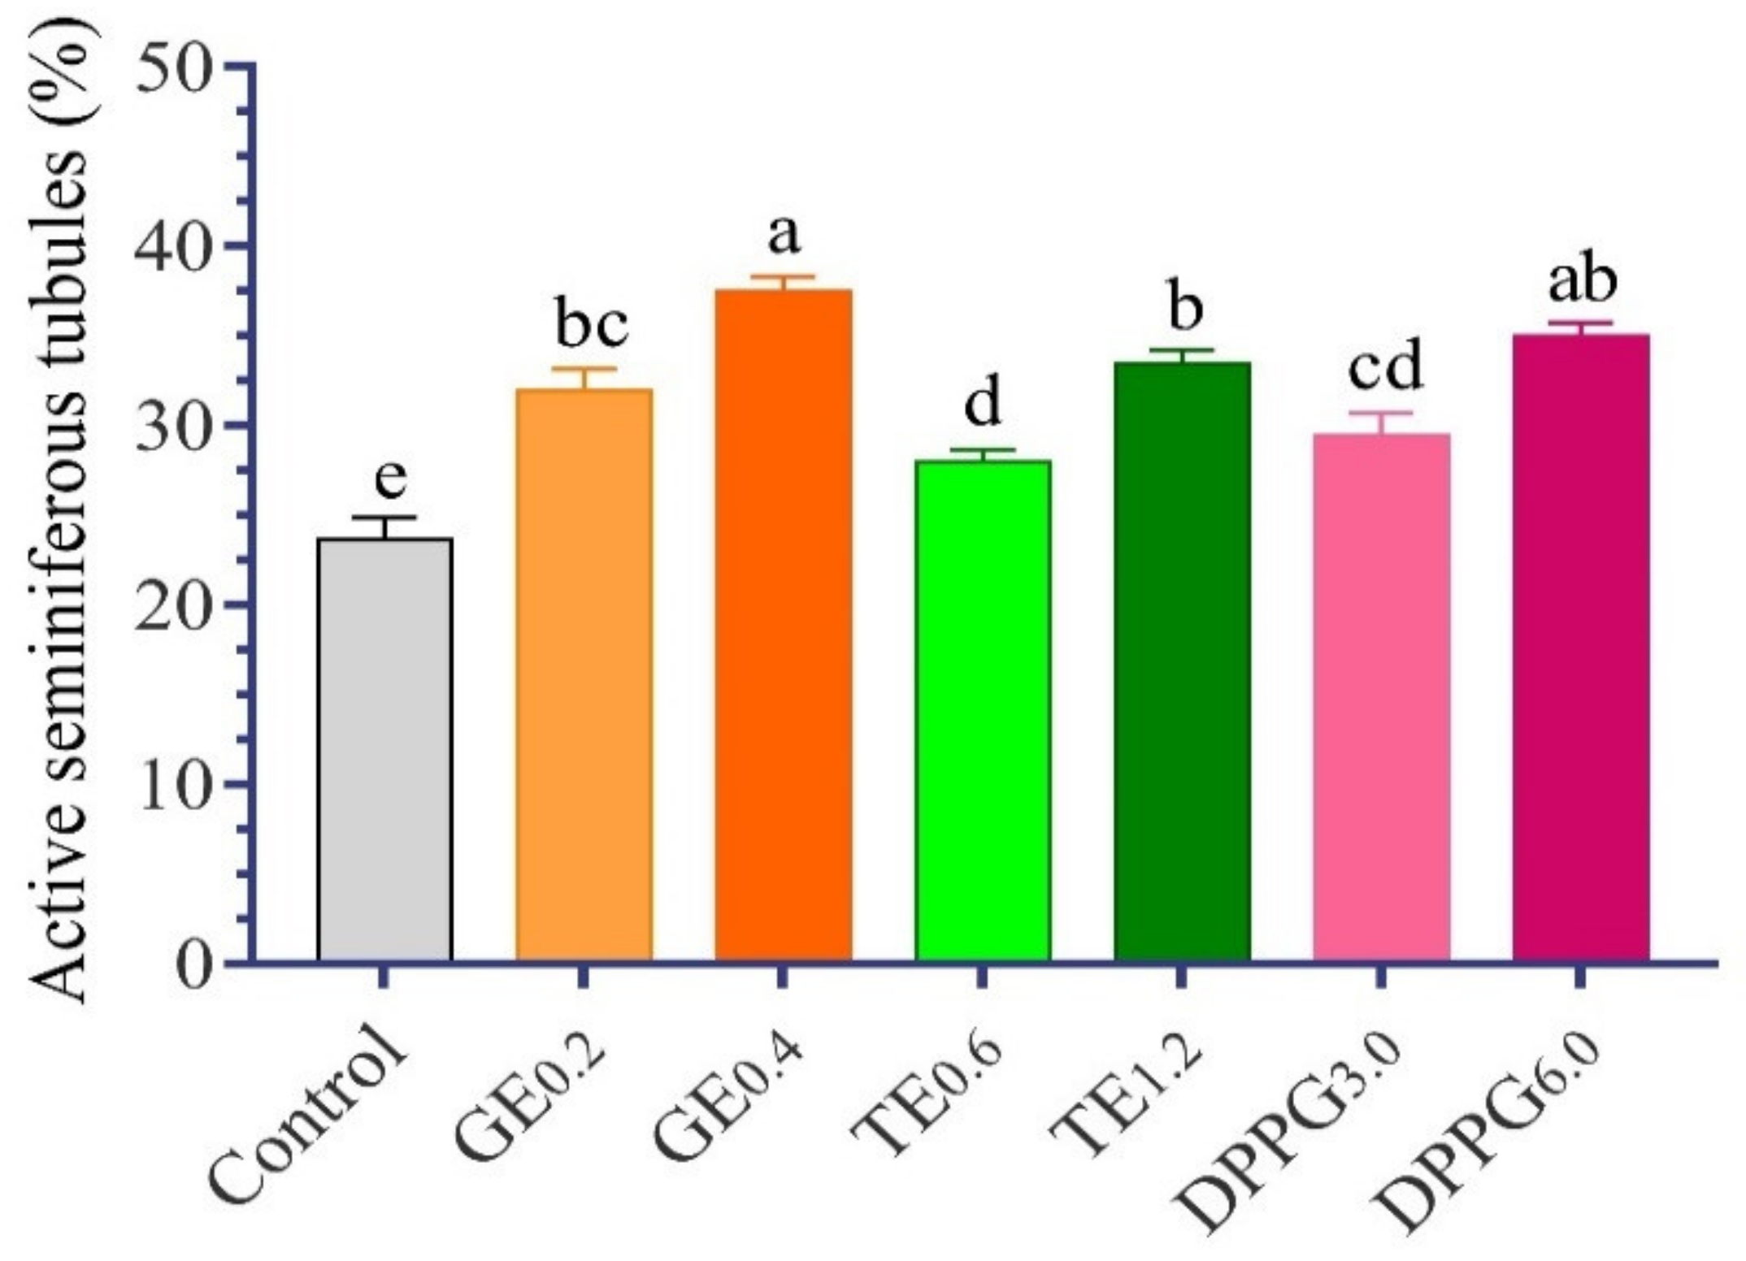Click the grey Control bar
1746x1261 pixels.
tap(384, 747)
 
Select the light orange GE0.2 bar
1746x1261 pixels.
tap(584, 674)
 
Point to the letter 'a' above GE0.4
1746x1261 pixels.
tap(784, 235)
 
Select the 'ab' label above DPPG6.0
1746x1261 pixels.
tap(1582, 280)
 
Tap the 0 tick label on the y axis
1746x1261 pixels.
tap(192, 964)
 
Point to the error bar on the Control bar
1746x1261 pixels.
tap(384, 526)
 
